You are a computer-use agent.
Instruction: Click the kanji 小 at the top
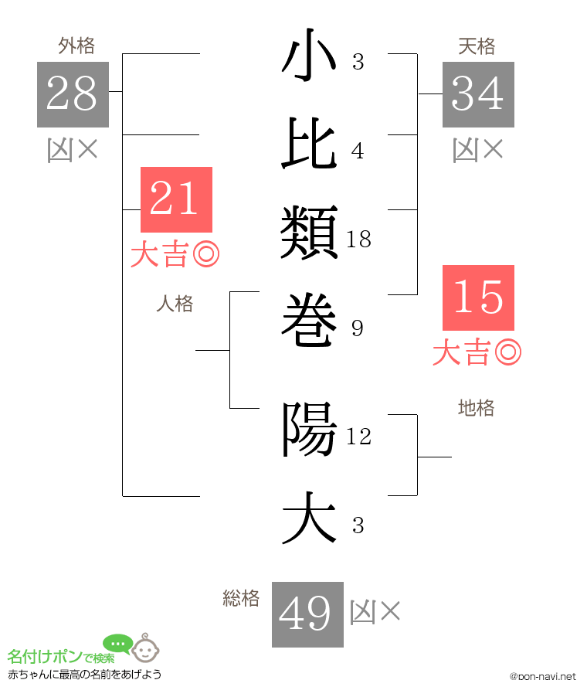(x=309, y=55)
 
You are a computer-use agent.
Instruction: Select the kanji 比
(x=309, y=143)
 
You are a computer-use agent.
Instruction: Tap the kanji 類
(x=309, y=232)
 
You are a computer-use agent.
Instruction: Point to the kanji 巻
(x=309, y=320)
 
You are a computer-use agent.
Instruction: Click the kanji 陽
(x=310, y=430)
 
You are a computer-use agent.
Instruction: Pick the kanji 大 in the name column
(x=309, y=518)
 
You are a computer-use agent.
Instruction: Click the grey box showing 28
(x=73, y=94)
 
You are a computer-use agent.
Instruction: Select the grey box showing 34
(x=478, y=94)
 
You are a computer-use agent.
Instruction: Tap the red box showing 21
(x=176, y=199)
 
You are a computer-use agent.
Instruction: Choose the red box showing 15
(x=478, y=298)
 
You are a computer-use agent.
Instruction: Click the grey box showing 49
(x=308, y=614)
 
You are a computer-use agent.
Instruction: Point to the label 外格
(x=76, y=46)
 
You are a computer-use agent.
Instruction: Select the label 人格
(x=175, y=304)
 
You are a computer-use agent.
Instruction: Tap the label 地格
(x=477, y=408)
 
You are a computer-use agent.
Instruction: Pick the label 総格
(x=241, y=598)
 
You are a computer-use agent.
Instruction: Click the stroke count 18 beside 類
(x=359, y=240)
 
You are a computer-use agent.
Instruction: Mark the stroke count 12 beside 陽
(x=359, y=437)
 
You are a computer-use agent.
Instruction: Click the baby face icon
(x=145, y=648)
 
